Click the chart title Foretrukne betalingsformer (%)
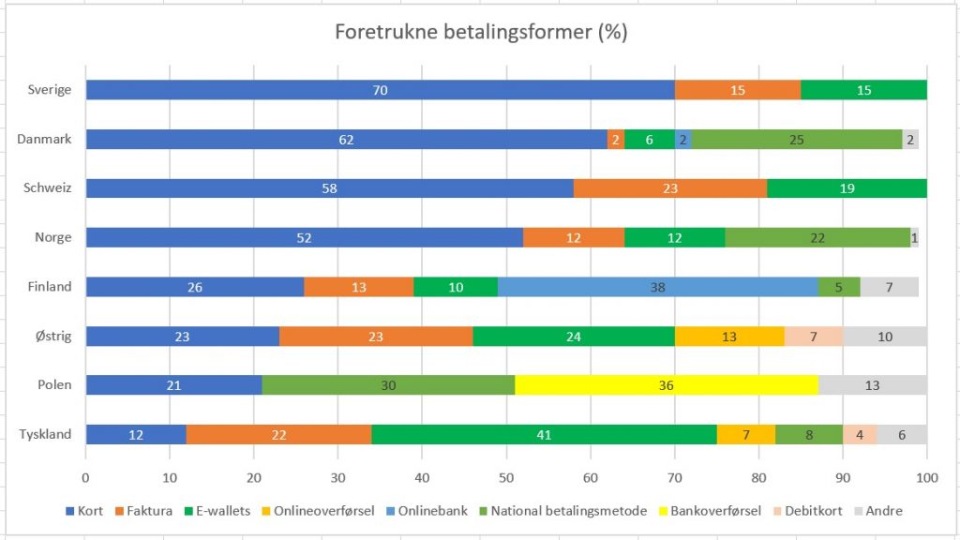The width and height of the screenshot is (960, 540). [481, 32]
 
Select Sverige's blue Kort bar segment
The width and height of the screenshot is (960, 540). [380, 90]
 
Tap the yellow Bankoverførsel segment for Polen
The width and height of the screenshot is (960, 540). [667, 385]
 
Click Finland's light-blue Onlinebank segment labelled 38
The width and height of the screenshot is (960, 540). [657, 287]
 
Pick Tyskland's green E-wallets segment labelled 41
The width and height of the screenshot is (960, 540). [544, 434]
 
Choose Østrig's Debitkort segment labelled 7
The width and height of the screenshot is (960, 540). [814, 336]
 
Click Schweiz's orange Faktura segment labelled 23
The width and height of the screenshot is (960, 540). [669, 188]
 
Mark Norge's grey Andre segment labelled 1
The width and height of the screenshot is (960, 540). [914, 238]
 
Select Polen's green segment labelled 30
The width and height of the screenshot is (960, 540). [388, 385]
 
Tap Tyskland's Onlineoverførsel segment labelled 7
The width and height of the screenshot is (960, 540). [746, 434]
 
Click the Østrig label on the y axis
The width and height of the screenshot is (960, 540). [52, 336]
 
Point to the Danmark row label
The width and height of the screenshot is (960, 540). [44, 140]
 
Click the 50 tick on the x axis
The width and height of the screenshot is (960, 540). [506, 476]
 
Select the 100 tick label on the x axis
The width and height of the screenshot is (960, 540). [926, 476]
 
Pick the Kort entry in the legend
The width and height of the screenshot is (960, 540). [84, 511]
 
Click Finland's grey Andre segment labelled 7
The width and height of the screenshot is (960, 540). [889, 287]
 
